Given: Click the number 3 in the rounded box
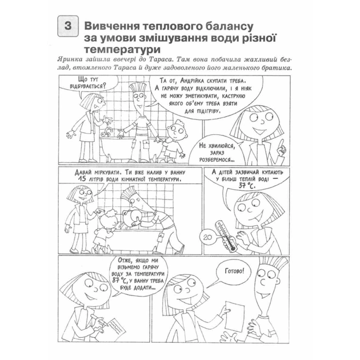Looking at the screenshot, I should click(x=67, y=27).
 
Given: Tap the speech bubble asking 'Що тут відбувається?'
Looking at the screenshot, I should click(x=80, y=84).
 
